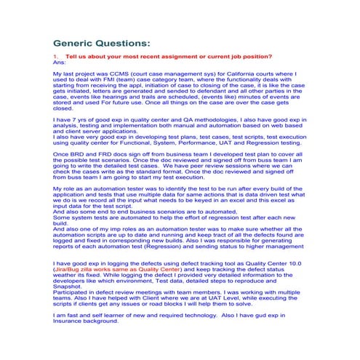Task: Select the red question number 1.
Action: click(x=56, y=57)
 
